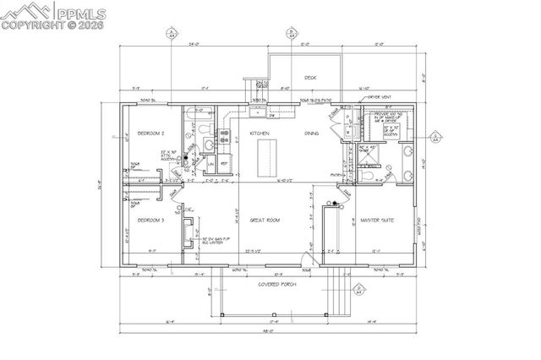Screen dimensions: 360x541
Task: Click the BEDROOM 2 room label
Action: (150, 134)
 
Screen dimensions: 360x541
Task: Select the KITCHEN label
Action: (260, 134)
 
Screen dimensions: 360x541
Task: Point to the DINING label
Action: (312, 134)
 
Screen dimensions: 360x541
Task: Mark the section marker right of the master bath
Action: (435, 135)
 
